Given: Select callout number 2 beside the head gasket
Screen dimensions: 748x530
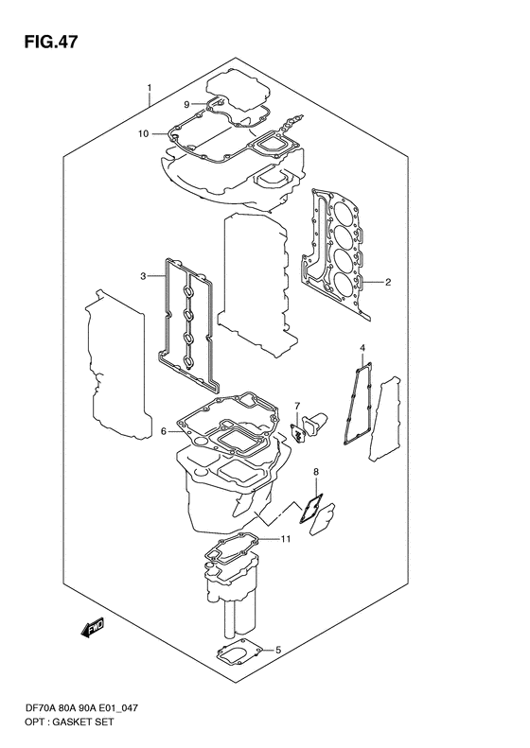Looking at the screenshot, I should [387, 281].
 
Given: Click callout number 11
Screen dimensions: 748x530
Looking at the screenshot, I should [285, 539].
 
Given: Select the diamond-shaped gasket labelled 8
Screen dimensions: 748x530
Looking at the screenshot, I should [311, 510].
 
